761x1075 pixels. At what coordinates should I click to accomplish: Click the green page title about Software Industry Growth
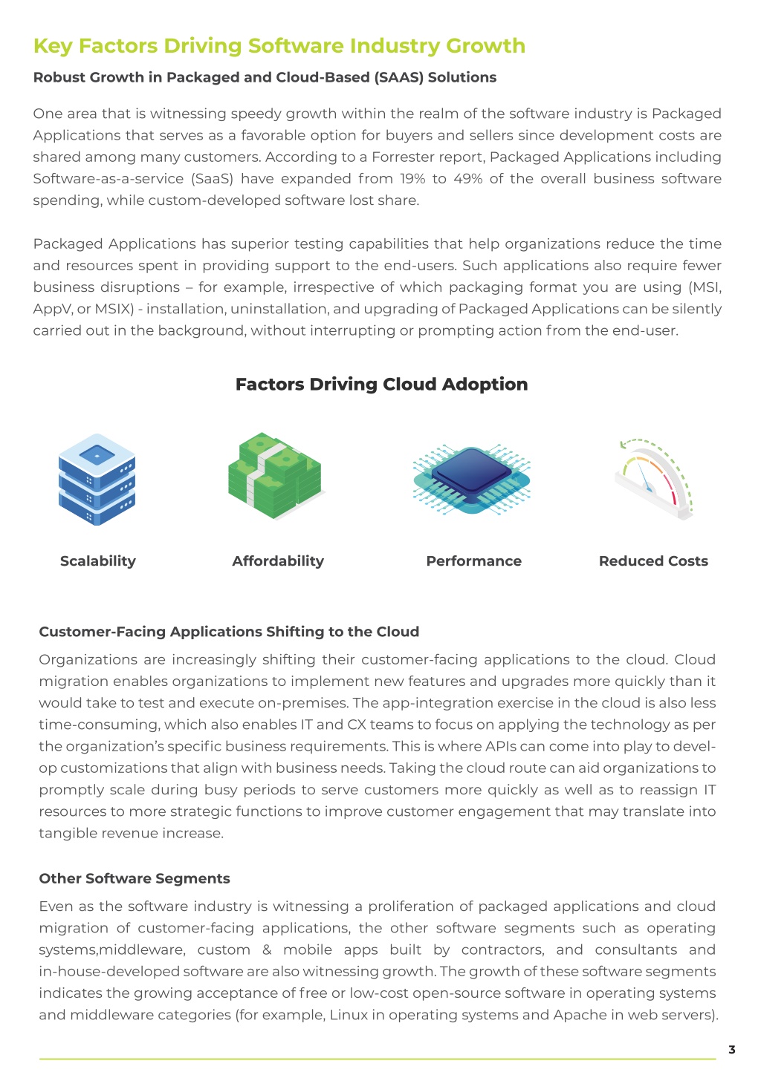[x=279, y=47]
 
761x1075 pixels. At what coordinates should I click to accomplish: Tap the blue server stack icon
[x=97, y=479]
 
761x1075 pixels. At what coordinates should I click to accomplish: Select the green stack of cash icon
[x=275, y=475]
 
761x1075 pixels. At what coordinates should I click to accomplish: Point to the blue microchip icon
[x=471, y=479]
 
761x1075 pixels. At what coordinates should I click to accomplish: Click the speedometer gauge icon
[x=654, y=479]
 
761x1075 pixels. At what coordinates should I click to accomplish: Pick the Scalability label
[x=98, y=561]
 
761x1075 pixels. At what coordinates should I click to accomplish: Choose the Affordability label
[x=278, y=561]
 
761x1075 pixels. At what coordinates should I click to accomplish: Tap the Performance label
[x=473, y=561]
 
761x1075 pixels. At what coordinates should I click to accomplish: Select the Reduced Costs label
[x=653, y=561]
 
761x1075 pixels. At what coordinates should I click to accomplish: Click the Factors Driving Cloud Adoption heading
[x=381, y=384]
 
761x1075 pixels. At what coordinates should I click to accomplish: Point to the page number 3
[x=732, y=1050]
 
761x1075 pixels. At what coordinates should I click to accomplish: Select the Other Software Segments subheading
[x=135, y=878]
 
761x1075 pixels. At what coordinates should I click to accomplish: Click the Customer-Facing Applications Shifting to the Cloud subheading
[x=229, y=632]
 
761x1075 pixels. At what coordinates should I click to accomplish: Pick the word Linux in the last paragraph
[x=349, y=1015]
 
